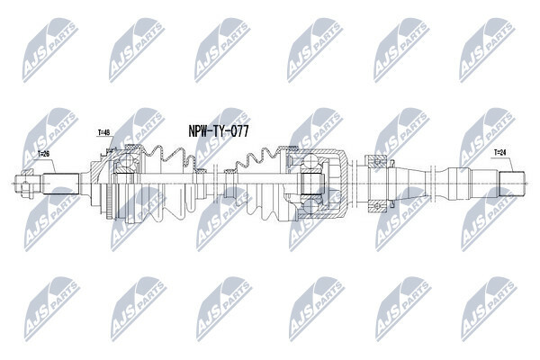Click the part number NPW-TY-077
click(219, 131)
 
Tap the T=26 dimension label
click(43, 154)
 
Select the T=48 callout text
click(104, 132)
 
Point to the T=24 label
click(500, 151)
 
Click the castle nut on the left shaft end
click(25, 184)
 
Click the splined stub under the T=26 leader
click(60, 184)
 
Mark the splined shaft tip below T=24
click(512, 184)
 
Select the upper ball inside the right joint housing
click(310, 162)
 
